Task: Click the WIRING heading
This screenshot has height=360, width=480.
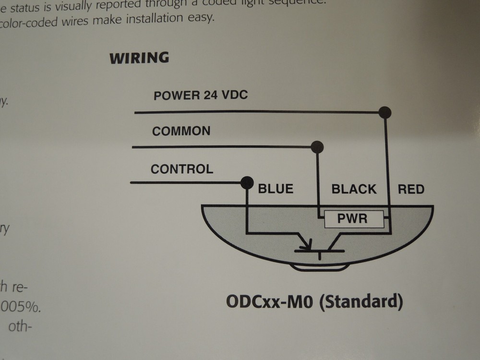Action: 139,58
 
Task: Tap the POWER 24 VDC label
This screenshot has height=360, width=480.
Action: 201,95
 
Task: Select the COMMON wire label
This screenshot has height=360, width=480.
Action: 181,131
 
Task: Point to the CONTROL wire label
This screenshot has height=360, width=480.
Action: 182,169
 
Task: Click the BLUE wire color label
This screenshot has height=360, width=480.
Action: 276,189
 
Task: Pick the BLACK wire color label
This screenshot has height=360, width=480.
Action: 354,189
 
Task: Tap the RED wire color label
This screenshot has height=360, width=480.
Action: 411,189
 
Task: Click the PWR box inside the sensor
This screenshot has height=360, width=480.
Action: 354,219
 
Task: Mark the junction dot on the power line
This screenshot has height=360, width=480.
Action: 384,113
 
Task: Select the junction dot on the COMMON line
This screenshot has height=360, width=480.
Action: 317,147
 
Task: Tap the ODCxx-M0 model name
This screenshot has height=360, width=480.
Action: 269,302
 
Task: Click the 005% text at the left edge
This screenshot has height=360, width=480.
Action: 21,307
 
